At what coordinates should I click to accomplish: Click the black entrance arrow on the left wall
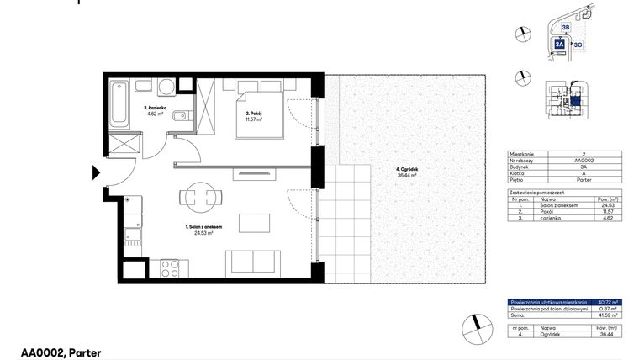[96, 175]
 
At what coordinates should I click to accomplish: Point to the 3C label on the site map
[578, 43]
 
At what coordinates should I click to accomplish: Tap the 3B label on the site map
[566, 28]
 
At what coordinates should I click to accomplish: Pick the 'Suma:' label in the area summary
[517, 315]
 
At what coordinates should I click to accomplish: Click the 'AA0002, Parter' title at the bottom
[61, 353]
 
